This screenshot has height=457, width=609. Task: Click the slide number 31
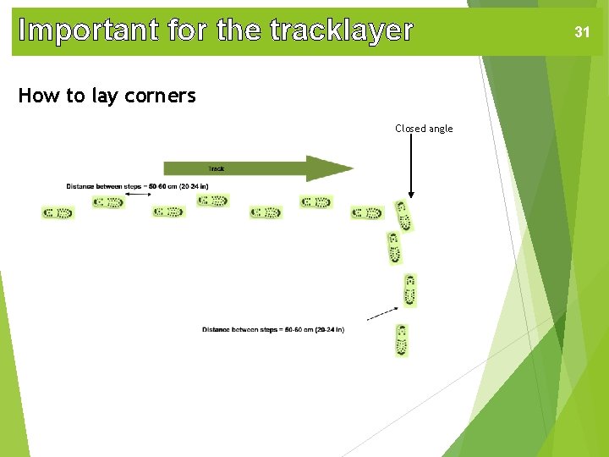point(581,32)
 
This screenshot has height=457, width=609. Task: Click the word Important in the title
point(89,30)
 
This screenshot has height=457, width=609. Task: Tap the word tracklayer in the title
point(341,30)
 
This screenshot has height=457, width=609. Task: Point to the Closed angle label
point(424,129)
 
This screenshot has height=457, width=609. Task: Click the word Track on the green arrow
point(217,168)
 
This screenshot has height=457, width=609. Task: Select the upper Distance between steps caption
point(137,186)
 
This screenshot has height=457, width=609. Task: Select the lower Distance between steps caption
point(272,329)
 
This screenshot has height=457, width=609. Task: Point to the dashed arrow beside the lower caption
point(382,313)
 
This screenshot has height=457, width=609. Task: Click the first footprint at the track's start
point(58,212)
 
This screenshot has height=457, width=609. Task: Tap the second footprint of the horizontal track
point(108,202)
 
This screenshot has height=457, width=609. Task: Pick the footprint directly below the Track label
point(212,201)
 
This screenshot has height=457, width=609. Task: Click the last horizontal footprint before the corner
point(367,212)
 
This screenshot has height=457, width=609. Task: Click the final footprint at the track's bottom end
point(402,339)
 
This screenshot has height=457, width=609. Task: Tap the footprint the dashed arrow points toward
point(410,290)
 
